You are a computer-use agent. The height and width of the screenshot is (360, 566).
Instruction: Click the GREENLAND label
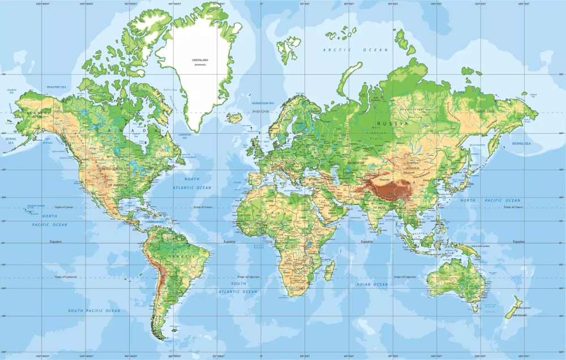200,59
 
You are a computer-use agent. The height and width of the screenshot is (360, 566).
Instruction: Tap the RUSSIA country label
396,123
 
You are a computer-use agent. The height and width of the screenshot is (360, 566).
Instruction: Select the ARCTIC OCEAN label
355,50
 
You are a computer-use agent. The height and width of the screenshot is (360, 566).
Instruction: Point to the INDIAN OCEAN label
372,284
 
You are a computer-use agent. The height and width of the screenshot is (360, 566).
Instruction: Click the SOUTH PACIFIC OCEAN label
95,311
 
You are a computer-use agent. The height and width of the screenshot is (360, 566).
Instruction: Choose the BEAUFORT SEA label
57,87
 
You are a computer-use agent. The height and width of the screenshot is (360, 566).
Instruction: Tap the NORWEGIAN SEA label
263,103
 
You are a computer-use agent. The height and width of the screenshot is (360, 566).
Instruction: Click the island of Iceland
234,118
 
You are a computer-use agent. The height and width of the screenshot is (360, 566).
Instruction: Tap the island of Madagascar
328,270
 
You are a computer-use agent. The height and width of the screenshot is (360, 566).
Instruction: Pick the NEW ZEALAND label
520,315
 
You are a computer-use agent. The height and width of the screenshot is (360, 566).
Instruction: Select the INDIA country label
382,208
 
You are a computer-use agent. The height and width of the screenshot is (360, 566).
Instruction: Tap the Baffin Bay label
170,89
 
